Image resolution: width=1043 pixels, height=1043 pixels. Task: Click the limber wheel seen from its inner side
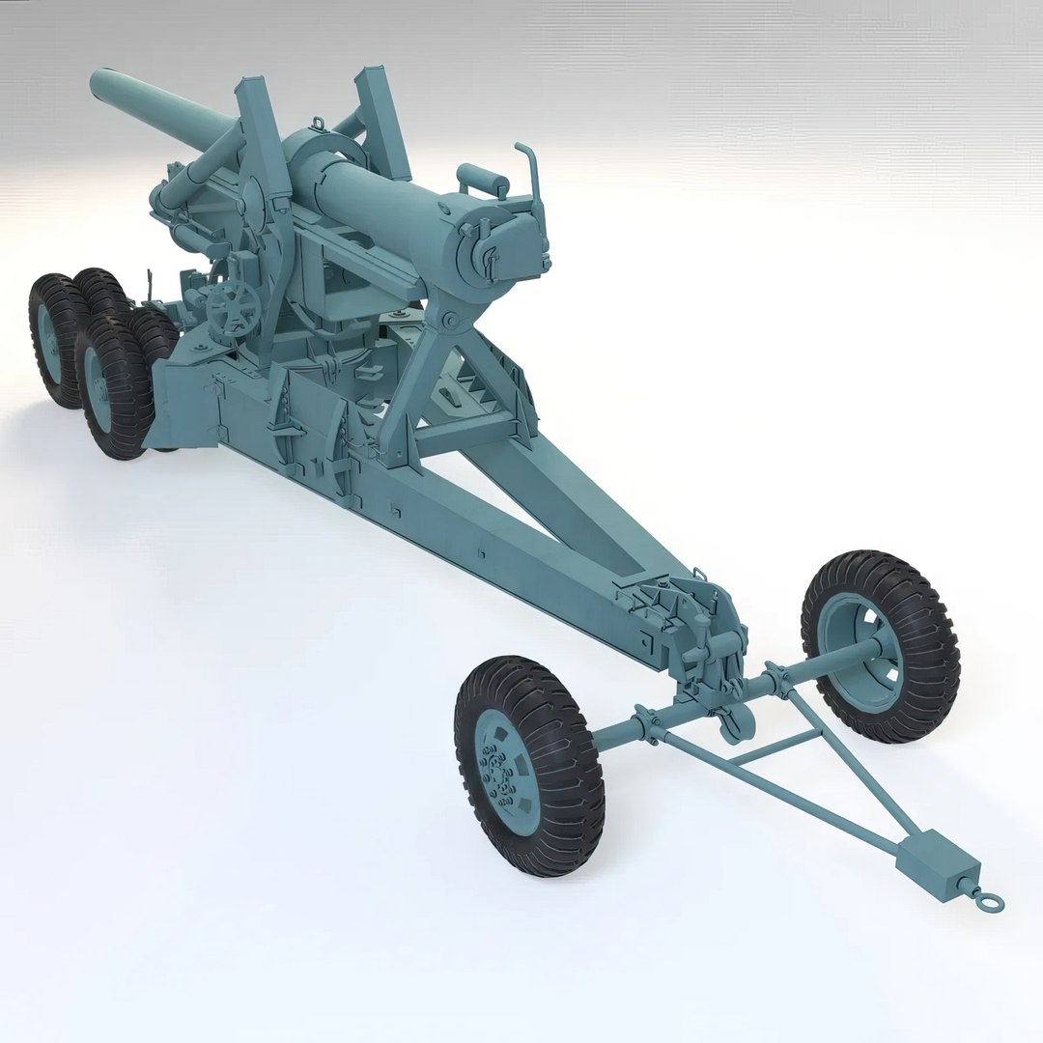coord(880,646)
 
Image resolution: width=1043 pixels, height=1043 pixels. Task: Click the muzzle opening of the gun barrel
coord(98,84)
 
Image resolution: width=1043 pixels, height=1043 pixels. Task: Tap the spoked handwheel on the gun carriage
coord(232,307)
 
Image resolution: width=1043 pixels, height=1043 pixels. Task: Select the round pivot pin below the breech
coord(447,318)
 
